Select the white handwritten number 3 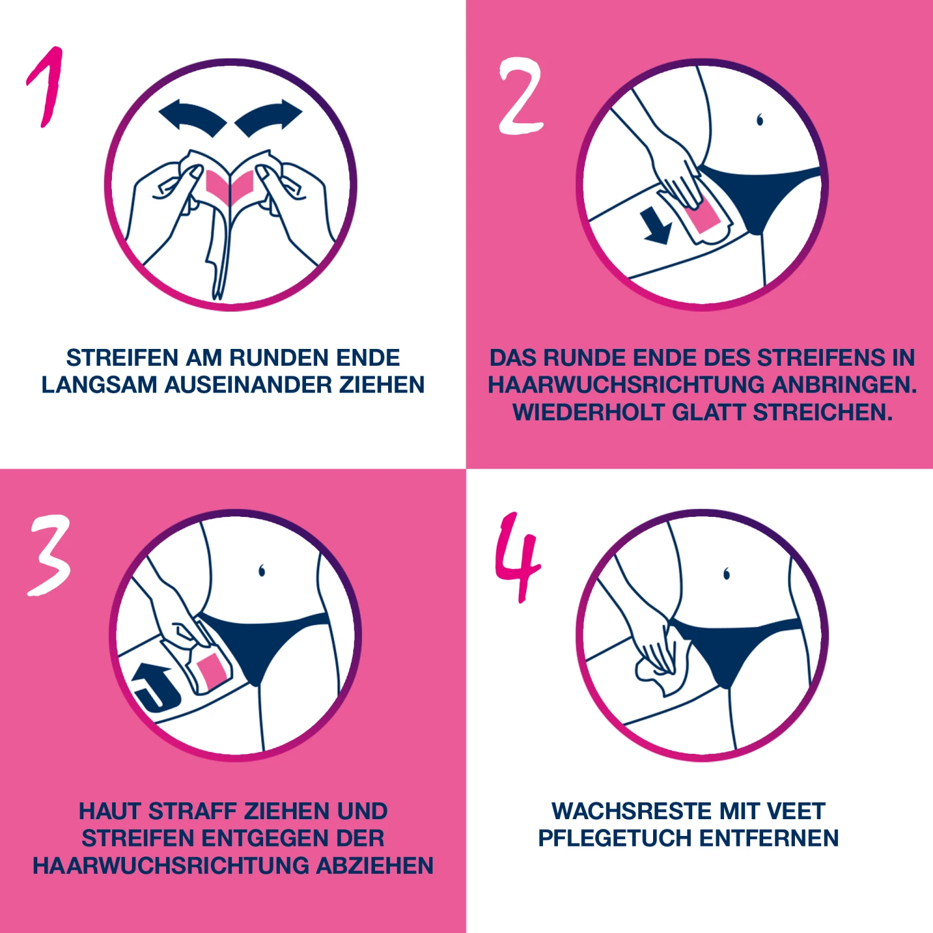tap(49, 555)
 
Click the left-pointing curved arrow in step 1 tap(192, 117)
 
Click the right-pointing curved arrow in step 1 tap(269, 117)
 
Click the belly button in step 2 tap(759, 119)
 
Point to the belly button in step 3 tap(262, 570)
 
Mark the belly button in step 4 tap(726, 573)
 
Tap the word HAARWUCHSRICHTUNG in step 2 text tap(626, 385)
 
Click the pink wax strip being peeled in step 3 tap(210, 670)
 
